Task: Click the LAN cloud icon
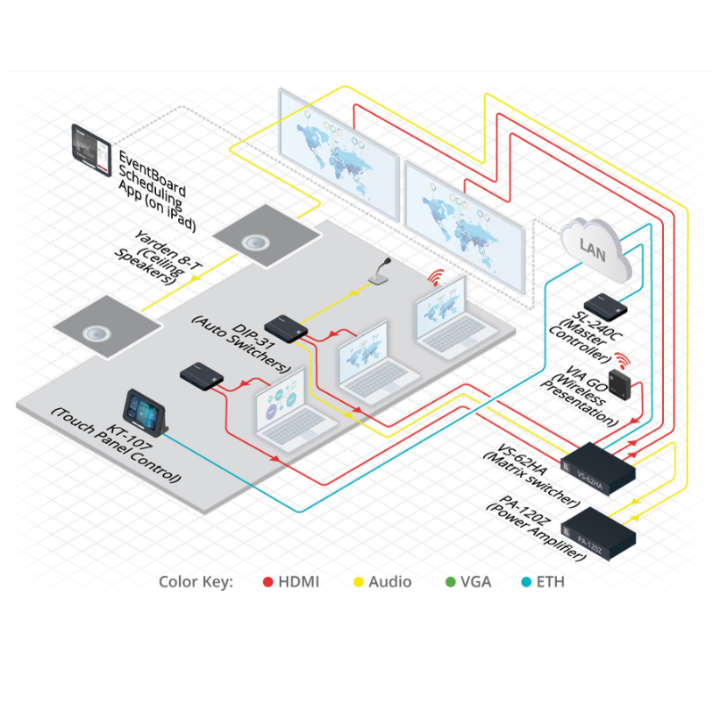[594, 248]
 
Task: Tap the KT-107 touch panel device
[143, 411]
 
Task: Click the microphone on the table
[382, 271]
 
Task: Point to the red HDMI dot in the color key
[267, 582]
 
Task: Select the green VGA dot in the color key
[450, 582]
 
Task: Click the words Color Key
[195, 582]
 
